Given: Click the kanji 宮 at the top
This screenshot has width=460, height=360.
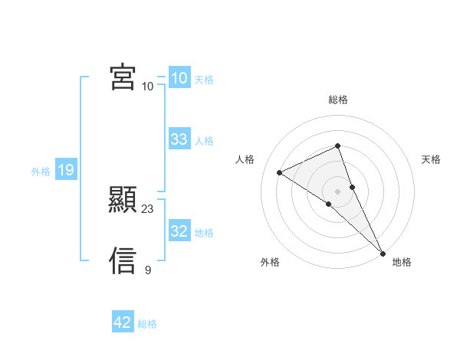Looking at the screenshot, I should coord(123,77).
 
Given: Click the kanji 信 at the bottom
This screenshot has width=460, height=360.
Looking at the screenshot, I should coord(123,260).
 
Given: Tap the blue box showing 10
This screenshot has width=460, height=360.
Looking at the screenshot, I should coord(179,78).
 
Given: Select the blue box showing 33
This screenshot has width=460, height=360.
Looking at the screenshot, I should coord(179,139).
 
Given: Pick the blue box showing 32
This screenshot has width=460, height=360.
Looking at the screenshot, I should coord(179,231).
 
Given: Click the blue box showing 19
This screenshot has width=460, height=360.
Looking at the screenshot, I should coord(65,170).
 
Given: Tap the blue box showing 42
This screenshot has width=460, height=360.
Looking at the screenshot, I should coord(123,322).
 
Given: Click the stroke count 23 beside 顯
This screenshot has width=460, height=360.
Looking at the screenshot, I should coord(148,208).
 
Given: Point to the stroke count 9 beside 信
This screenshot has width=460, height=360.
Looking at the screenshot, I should coord(148,270).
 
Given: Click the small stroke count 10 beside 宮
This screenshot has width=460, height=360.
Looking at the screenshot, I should coord(148,86).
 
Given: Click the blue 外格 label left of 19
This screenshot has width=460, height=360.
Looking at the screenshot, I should coord(41,172).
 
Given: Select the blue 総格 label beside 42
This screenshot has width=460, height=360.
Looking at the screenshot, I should coord(147,324).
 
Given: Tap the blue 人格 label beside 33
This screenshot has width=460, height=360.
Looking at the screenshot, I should coord(204,141).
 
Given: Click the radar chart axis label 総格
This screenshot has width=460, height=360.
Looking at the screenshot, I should coord(338,100).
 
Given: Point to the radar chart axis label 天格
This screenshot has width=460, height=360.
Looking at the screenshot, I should coord(432,159).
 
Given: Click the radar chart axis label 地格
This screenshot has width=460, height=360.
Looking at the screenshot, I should coord(402,262).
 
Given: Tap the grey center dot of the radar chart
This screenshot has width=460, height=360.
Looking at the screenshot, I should coord(338,191).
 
